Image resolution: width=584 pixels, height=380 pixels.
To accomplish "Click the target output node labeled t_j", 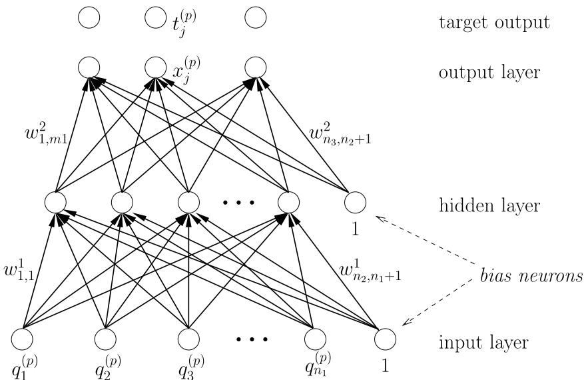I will click(155, 17).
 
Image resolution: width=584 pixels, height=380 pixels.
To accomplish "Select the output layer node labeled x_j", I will click(155, 67).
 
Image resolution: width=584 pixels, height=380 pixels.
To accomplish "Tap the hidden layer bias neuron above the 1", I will click(355, 201).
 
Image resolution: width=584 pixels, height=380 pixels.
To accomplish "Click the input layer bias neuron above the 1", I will click(385, 339).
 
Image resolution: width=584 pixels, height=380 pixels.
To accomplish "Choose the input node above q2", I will click(105, 339).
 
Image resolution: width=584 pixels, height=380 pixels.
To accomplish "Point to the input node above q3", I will click(189, 339).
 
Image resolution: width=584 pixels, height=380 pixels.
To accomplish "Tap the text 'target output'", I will click(493, 22).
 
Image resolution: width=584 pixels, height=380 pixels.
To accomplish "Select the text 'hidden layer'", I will click(488, 205).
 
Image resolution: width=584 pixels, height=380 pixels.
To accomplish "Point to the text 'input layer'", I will click(483, 343).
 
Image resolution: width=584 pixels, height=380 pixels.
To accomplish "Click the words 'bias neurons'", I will click(529, 275).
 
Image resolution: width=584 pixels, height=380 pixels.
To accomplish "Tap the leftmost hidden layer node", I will click(55, 201).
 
